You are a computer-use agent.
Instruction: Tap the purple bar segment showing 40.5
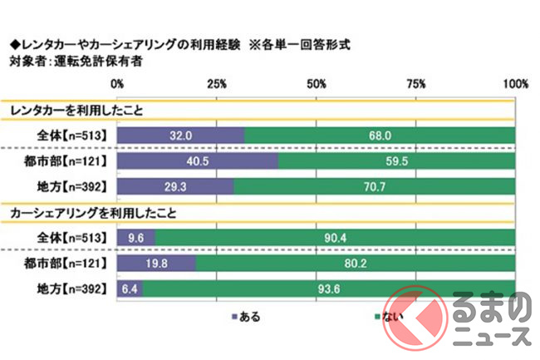(x=198, y=161)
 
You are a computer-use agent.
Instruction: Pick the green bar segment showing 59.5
(x=396, y=161)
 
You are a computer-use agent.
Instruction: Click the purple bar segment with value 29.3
(x=175, y=187)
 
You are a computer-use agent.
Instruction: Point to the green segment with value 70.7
(x=374, y=187)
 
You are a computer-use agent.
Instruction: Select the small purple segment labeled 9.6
(x=136, y=239)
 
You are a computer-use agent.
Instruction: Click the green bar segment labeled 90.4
(x=335, y=239)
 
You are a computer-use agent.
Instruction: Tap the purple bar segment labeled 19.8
(x=156, y=264)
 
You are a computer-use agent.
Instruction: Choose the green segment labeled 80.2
(x=355, y=264)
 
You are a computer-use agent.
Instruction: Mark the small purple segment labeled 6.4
(x=130, y=289)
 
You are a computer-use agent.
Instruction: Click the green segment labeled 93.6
(x=329, y=289)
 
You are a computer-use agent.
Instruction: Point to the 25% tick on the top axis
(x=217, y=84)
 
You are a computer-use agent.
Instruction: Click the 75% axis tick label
(x=416, y=84)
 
